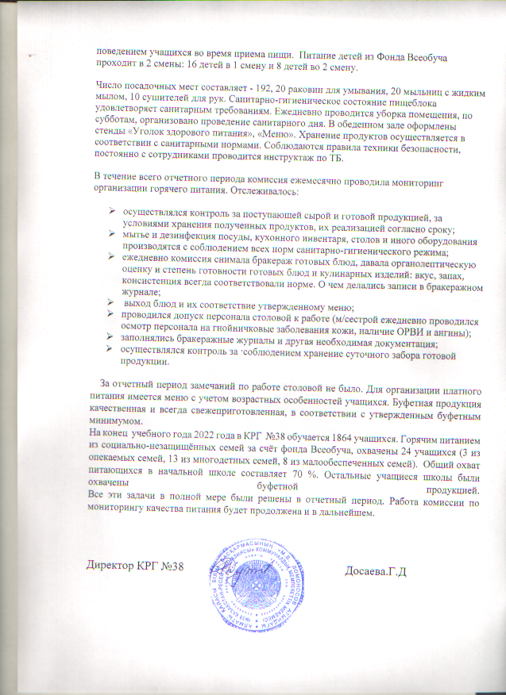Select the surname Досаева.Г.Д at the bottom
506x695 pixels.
pos(377,571)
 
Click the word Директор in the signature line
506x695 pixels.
pos(114,568)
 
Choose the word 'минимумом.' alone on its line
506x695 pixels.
pos(114,422)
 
